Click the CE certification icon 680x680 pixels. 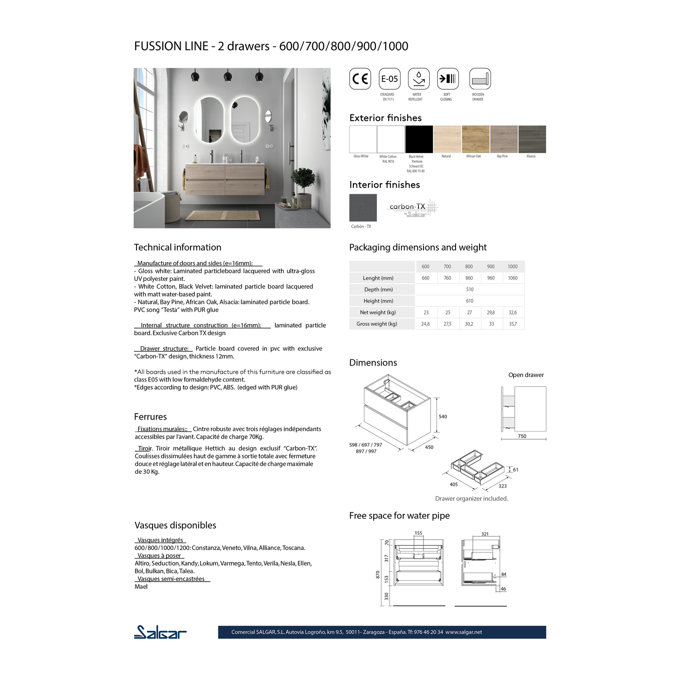click(360, 79)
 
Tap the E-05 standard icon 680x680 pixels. click(389, 79)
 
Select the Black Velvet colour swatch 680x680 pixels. click(419, 139)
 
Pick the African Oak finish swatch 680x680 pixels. click(475, 139)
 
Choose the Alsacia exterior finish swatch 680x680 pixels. click(532, 139)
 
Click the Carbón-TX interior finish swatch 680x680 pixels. click(363, 208)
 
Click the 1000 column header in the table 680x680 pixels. click(512, 266)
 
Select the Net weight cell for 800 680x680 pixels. click(469, 312)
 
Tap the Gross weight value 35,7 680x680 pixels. click(512, 324)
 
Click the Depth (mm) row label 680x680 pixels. click(378, 289)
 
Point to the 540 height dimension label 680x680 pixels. click(443, 416)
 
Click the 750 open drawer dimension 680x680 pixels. click(522, 436)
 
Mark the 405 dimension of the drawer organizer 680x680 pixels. click(454, 484)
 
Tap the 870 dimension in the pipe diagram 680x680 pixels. click(377, 575)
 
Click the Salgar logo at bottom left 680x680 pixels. click(160, 632)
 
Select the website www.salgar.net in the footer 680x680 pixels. click(464, 632)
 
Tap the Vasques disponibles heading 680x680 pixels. click(175, 525)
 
